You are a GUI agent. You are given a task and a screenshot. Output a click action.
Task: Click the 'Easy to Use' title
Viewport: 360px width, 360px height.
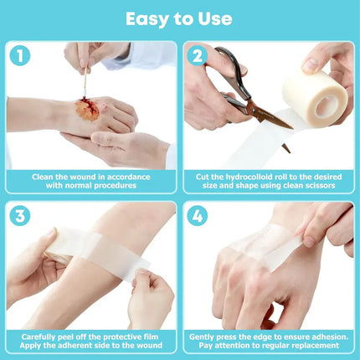point(180,18)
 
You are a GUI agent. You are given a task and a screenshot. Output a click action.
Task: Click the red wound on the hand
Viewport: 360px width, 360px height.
point(88,109)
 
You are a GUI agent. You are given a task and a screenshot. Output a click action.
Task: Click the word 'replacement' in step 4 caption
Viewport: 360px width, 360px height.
point(316,346)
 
